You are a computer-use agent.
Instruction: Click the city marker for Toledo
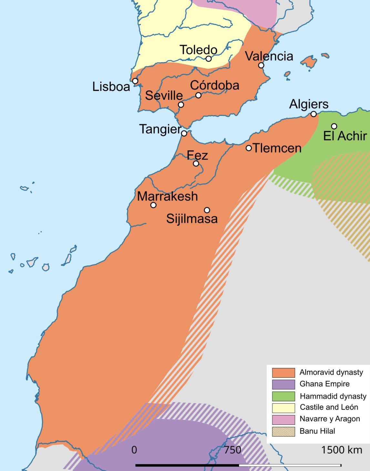tap(209, 59)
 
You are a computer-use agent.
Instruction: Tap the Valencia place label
tap(269, 56)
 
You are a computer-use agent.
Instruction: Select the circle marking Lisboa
tap(135, 81)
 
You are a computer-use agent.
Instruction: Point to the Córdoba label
tap(214, 85)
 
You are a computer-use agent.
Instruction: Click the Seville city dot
tap(181, 105)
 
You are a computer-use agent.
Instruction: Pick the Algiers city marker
tap(313, 114)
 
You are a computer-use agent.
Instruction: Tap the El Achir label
tap(345, 136)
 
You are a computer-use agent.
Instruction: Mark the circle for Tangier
tap(184, 133)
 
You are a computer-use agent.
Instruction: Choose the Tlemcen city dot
tap(249, 148)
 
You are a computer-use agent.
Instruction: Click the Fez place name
tap(197, 155)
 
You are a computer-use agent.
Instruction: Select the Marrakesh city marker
tap(153, 205)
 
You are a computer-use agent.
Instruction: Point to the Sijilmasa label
tap(192, 219)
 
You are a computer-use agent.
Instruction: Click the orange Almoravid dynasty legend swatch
tap(283, 372)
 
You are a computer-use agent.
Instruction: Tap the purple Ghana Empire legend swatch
tap(283, 384)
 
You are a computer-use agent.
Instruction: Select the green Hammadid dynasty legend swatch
tap(283, 396)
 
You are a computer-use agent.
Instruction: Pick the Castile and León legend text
tap(329, 407)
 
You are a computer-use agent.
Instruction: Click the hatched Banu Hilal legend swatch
tap(283, 431)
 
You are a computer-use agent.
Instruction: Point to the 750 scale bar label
tap(232, 450)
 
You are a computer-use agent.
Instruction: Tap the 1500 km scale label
tap(341, 450)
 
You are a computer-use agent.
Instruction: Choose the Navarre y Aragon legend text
tap(329, 419)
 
